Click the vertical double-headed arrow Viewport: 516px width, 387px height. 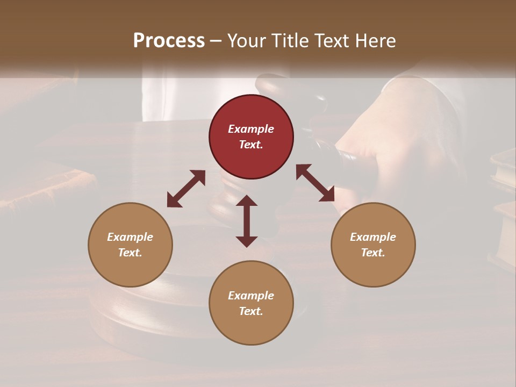click(247, 221)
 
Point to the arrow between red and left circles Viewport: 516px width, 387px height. click(186, 189)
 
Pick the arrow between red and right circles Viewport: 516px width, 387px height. click(315, 183)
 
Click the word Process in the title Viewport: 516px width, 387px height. click(169, 41)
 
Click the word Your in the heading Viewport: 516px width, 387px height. click(245, 41)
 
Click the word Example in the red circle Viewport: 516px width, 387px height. click(251, 129)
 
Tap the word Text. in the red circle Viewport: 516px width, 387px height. click(251, 145)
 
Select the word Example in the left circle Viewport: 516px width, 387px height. click(130, 237)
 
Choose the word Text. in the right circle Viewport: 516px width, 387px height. click(373, 253)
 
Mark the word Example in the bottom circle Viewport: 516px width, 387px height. click(251, 296)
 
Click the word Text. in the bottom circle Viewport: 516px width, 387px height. click(251, 311)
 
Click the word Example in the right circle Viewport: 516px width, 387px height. click(373, 237)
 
